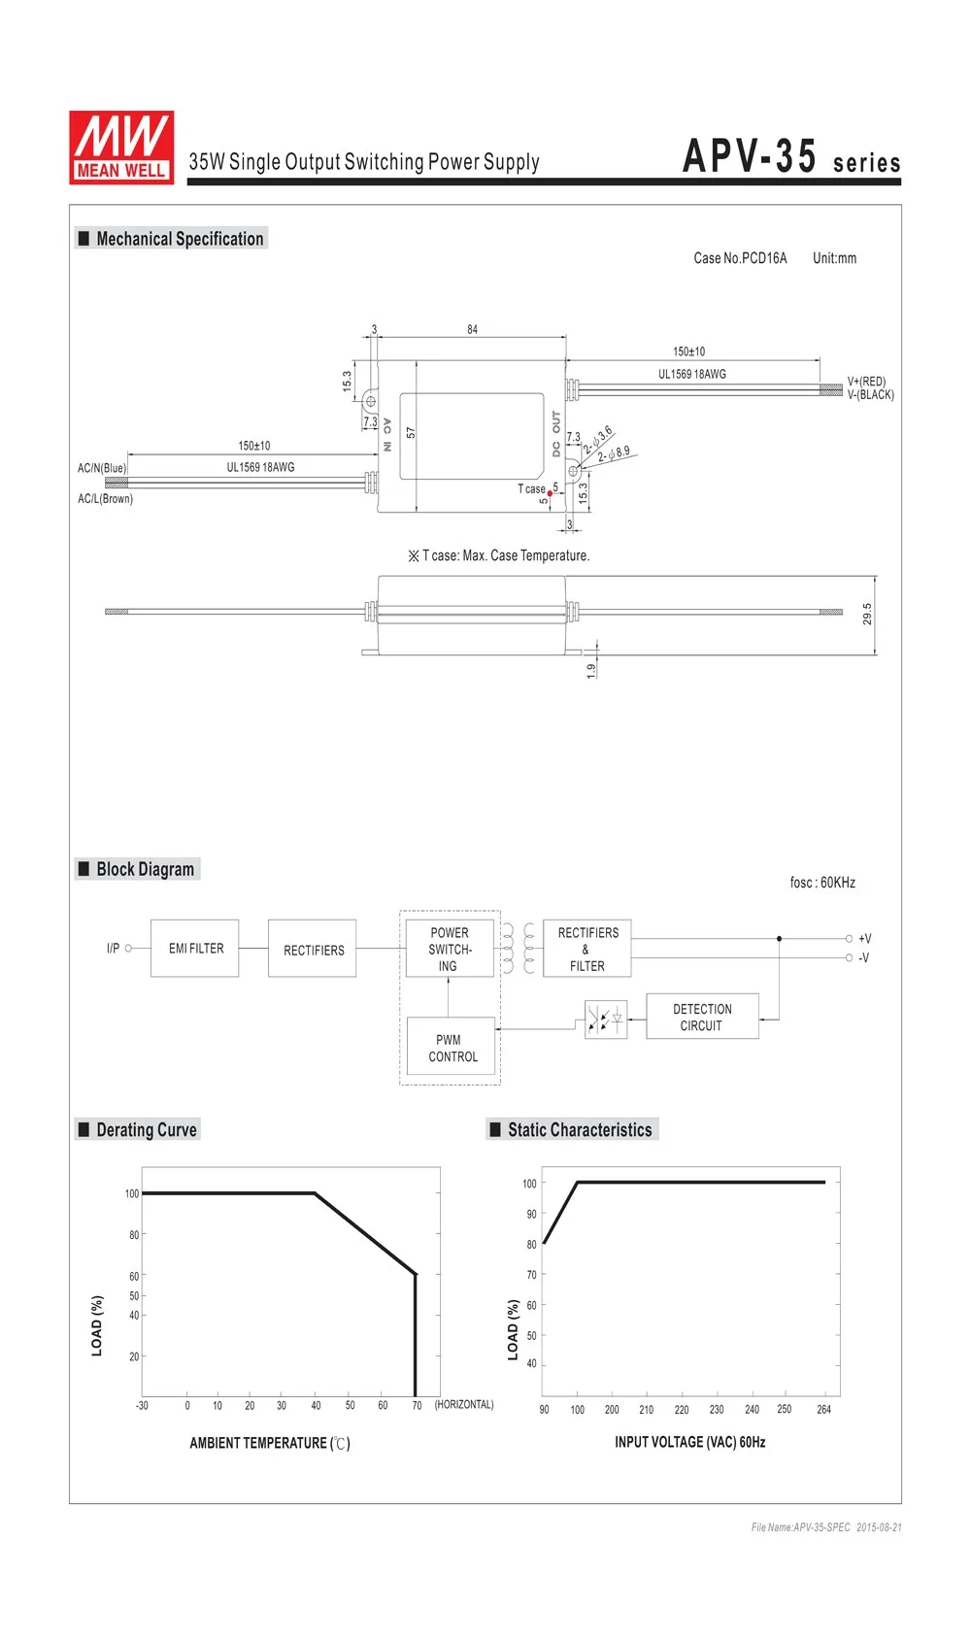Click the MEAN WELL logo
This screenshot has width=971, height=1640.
[121, 148]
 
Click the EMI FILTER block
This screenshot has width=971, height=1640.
[195, 948]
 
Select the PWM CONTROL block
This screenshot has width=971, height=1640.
[452, 1048]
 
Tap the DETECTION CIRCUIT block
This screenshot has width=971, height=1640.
[702, 1017]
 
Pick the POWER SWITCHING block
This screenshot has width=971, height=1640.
[449, 949]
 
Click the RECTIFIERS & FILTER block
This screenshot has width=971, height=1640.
[587, 949]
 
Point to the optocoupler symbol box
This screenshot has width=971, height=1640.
[606, 1019]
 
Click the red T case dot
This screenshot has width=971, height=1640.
[550, 494]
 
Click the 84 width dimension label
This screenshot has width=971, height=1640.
[472, 329]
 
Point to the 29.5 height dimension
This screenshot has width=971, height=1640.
[867, 614]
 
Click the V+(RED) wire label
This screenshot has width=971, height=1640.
[866, 382]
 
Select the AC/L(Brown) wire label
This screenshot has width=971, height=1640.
[105, 499]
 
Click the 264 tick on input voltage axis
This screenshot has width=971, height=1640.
[823, 1409]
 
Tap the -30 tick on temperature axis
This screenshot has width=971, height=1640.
[142, 1405]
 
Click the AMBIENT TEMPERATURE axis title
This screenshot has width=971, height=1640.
[269, 1443]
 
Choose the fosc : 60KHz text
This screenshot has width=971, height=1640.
[822, 883]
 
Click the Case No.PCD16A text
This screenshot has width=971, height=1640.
[740, 258]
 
